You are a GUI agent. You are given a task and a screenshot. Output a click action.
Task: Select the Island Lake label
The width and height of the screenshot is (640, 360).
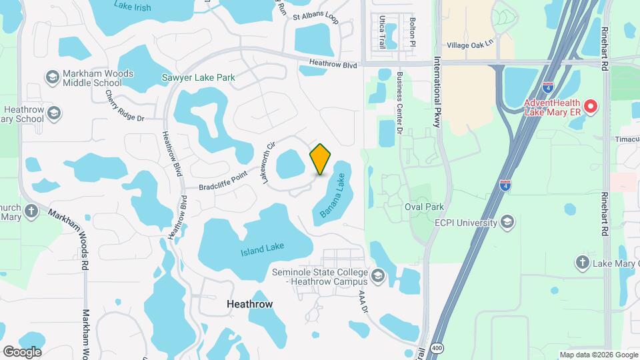[262, 249]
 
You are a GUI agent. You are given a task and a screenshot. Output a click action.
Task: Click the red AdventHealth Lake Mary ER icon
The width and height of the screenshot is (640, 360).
[589, 106]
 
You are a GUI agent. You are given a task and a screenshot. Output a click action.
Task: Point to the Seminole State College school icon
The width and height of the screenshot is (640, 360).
[378, 276]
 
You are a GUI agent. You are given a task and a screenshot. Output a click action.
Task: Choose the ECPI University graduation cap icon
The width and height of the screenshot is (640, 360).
[507, 223]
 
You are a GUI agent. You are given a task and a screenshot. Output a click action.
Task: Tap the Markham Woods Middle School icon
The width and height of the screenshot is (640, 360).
[51, 78]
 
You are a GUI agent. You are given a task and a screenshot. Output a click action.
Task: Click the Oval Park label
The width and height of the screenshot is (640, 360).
[424, 207]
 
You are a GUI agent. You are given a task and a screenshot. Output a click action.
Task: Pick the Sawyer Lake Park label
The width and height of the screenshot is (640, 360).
[199, 78]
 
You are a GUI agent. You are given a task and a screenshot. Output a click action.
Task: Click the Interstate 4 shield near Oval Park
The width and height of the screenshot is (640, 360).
[505, 184]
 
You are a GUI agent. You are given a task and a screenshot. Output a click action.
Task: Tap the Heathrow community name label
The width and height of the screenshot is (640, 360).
[249, 303]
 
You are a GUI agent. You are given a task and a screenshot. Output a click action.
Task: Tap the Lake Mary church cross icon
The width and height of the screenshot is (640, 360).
[582, 263]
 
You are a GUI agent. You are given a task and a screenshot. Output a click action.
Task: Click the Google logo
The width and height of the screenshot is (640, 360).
[22, 351]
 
